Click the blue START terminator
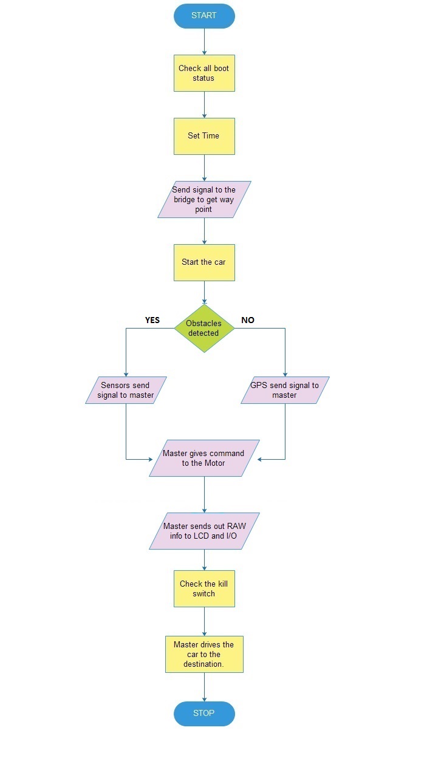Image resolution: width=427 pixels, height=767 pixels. (x=204, y=16)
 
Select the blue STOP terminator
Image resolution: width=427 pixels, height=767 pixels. (x=204, y=714)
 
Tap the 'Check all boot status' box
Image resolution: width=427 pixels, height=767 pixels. (x=204, y=73)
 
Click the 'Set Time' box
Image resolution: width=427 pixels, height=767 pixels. (x=204, y=136)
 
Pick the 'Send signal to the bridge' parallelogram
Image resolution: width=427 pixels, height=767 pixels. (x=204, y=199)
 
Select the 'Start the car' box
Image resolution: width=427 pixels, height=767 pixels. (x=204, y=262)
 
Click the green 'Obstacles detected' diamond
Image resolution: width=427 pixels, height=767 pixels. (x=204, y=329)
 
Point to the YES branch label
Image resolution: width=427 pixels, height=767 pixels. (x=152, y=320)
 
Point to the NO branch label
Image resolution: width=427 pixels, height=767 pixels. (x=248, y=320)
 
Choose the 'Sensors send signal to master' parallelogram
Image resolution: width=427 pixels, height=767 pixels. (x=126, y=390)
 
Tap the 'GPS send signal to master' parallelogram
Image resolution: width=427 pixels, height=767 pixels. (x=285, y=390)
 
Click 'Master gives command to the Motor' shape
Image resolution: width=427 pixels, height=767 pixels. (x=204, y=458)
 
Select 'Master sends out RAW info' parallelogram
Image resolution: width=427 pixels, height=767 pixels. (x=204, y=531)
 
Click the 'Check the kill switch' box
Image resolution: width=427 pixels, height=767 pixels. (x=204, y=588)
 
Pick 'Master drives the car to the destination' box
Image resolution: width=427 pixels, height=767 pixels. (x=204, y=654)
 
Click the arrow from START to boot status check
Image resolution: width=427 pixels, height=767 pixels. (x=205, y=41)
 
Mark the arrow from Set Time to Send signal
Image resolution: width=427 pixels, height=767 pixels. (x=205, y=168)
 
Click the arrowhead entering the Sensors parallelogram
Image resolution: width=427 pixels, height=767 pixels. (x=126, y=375)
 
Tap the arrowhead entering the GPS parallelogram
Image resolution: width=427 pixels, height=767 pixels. (x=285, y=375)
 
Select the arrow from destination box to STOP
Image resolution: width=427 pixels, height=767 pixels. (x=205, y=687)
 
